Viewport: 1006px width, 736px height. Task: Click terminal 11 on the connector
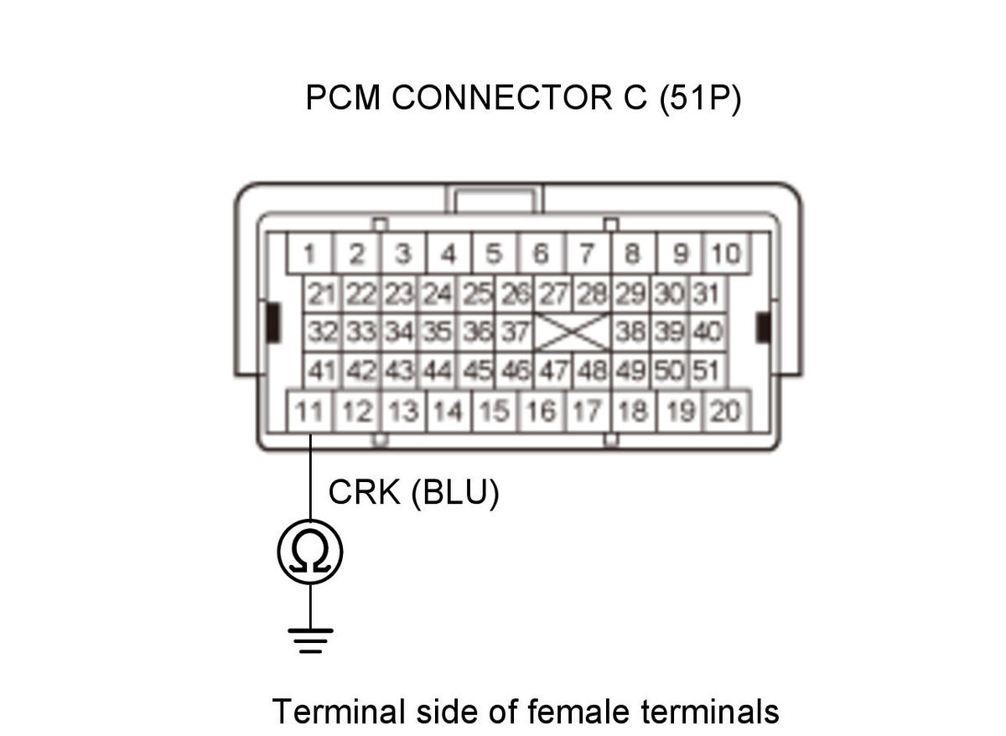coord(310,412)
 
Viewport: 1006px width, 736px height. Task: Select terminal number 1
coord(310,253)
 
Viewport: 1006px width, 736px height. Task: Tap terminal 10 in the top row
coord(726,253)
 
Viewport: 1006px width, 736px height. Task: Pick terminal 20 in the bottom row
coord(726,412)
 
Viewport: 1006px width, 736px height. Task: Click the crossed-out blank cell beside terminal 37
coord(573,332)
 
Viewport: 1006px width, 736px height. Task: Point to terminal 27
coord(553,294)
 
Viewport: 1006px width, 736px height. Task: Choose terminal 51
coord(707,371)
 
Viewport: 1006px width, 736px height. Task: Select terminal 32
coord(323,332)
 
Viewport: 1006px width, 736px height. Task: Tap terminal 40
coord(707,332)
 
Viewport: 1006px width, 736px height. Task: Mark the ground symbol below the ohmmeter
coord(310,640)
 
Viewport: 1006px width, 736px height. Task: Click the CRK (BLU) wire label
coord(413,493)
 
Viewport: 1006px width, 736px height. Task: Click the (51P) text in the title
coord(700,98)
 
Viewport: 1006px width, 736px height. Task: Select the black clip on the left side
coord(272,323)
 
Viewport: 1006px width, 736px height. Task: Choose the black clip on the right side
coord(763,328)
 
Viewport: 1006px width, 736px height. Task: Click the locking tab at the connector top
coord(494,199)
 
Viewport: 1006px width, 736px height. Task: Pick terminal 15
coord(495,412)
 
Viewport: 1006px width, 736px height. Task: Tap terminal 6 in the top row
coord(541,253)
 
